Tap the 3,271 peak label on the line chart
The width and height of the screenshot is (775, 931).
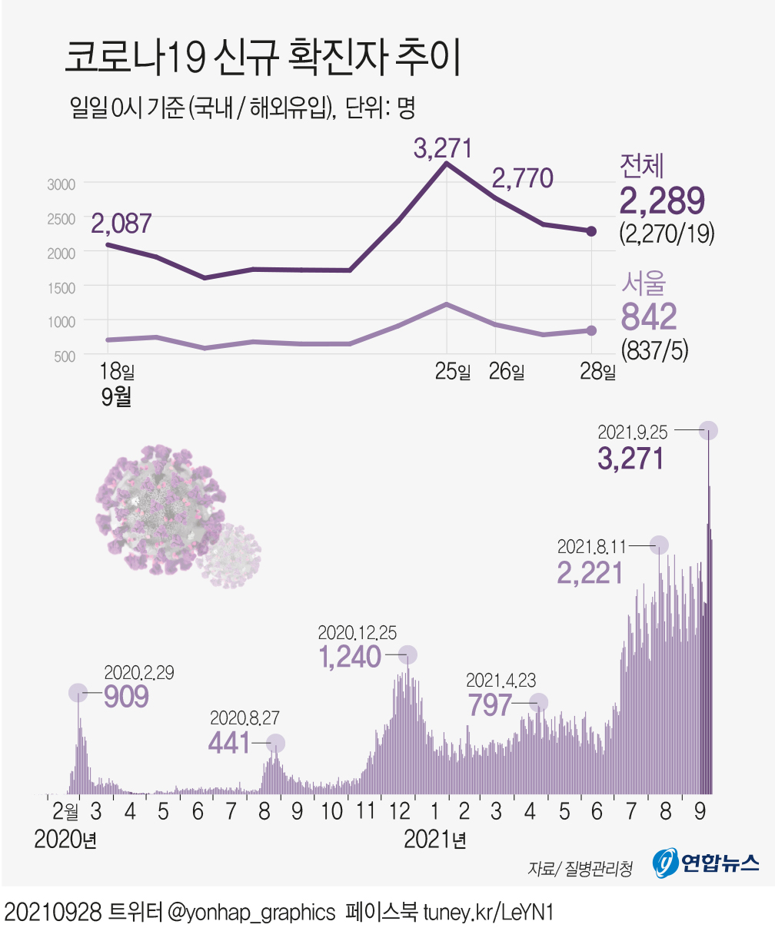point(442,148)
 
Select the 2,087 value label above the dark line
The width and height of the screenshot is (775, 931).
point(121,224)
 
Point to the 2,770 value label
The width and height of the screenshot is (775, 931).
point(522,179)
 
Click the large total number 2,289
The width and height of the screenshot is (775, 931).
point(662,202)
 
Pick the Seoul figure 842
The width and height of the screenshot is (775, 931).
point(650,316)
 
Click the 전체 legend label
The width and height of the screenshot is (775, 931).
point(644,166)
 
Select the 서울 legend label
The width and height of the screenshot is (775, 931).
point(644,283)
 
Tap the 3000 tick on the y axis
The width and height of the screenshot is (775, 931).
point(61,184)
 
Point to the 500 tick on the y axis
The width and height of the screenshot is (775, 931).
point(64,356)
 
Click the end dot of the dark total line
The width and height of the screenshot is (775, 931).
point(591,231)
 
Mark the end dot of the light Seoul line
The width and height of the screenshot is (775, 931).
point(591,330)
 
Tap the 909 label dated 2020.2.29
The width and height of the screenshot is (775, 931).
point(125,696)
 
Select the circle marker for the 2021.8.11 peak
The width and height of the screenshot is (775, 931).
point(659,545)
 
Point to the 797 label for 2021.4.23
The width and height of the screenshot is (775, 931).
point(490,704)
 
